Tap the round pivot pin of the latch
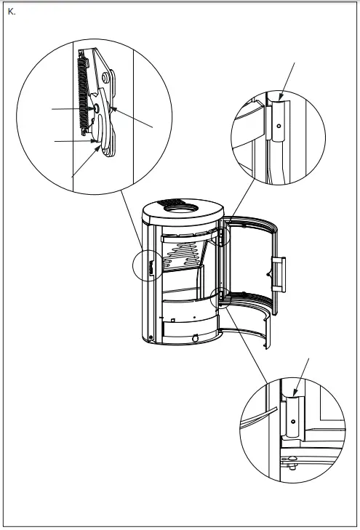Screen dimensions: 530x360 click(96, 108)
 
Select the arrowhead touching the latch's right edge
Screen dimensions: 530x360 click(112, 108)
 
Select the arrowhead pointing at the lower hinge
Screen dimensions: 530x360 click(296, 397)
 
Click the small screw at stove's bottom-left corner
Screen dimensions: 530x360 click(149, 337)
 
